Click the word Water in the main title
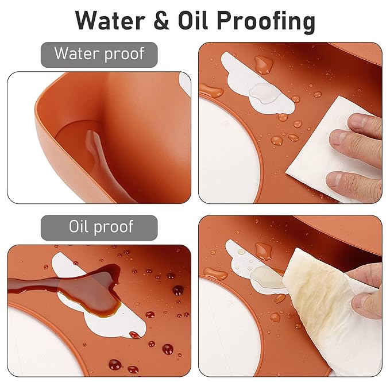coord(110,21)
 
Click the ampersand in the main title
coord(161,21)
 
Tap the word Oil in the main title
coord(193,20)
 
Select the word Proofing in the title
coord(265,22)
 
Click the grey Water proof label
coord(99,55)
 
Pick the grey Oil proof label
coord(99,227)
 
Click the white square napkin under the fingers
coord(331,149)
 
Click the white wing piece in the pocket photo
coord(186,84)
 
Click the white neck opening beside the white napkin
coord(229,152)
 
